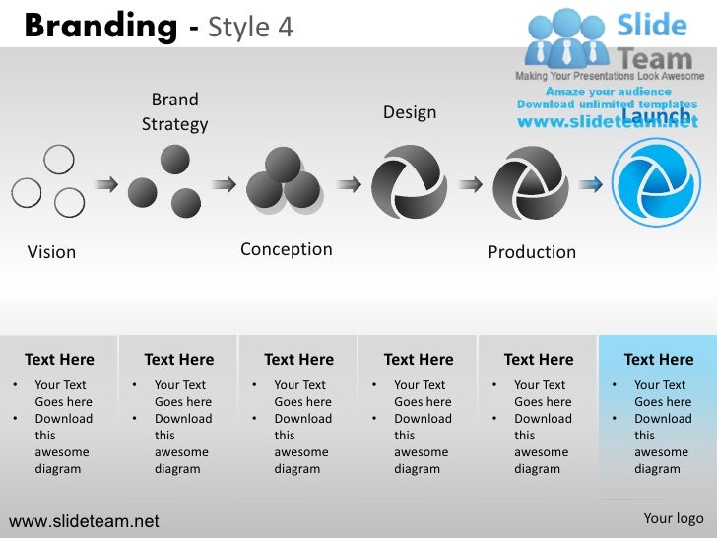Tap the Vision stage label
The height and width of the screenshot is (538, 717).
tap(51, 252)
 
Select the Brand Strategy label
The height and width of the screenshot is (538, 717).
tap(174, 111)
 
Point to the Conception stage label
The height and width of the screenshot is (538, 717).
tap(286, 249)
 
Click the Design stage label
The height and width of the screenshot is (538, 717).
tap(410, 112)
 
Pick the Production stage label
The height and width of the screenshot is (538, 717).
tap(532, 252)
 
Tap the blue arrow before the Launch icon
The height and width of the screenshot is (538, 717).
tap(591, 183)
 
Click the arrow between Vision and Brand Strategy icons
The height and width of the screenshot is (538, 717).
tap(106, 183)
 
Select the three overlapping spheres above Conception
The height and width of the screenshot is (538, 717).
tap(284, 180)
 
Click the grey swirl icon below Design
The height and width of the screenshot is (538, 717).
tap(409, 182)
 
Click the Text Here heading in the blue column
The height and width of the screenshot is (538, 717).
tap(658, 360)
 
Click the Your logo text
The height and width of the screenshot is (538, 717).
tap(674, 519)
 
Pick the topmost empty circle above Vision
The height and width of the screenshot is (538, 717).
tap(59, 158)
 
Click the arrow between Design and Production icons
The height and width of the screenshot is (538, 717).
tap(471, 183)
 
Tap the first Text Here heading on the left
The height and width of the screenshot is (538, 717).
tap(59, 360)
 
